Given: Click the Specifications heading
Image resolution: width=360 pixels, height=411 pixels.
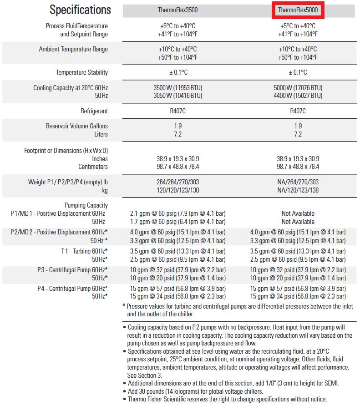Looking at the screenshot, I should (x=80, y=10).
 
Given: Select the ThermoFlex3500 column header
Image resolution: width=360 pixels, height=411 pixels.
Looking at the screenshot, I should (x=177, y=10).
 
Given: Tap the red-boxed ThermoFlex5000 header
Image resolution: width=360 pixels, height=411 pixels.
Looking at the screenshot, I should (x=298, y=10).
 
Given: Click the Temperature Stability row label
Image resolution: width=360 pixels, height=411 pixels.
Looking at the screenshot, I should (x=82, y=72).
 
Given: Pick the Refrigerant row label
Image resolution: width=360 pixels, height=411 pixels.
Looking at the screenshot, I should (x=94, y=111).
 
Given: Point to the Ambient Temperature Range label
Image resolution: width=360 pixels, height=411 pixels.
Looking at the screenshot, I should (x=73, y=49).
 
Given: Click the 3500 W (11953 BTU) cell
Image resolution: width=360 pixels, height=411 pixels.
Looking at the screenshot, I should (x=177, y=88).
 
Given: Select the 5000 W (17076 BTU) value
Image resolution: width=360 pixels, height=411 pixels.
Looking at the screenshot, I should (x=298, y=88).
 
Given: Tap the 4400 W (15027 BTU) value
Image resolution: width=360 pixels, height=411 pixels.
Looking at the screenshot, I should (x=298, y=96).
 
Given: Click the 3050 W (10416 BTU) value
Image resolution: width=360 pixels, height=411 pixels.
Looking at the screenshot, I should (x=177, y=96).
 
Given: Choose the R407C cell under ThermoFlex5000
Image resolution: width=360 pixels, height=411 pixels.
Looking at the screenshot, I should (x=298, y=111).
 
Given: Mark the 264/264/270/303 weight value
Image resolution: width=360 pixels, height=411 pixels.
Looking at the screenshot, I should (x=177, y=182).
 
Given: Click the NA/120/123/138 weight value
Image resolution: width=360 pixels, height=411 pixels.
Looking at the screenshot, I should (x=298, y=190).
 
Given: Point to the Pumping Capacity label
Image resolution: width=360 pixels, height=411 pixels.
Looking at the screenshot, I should (x=86, y=205).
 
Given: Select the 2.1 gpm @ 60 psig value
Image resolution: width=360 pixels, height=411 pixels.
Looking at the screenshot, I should (x=177, y=213).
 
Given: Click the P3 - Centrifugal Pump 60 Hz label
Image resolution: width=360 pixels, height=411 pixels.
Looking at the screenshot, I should (x=72, y=270).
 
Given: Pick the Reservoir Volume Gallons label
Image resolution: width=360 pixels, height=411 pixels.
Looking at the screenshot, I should (x=77, y=126).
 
